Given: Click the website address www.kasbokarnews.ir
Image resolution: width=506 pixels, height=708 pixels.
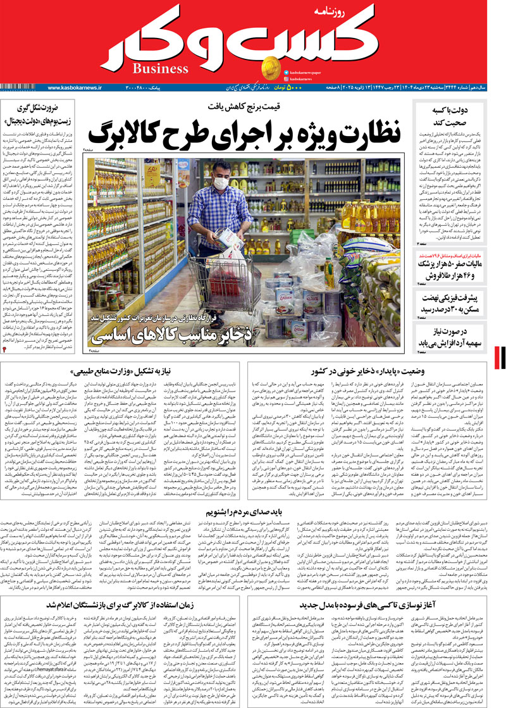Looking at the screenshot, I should click(75, 87).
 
